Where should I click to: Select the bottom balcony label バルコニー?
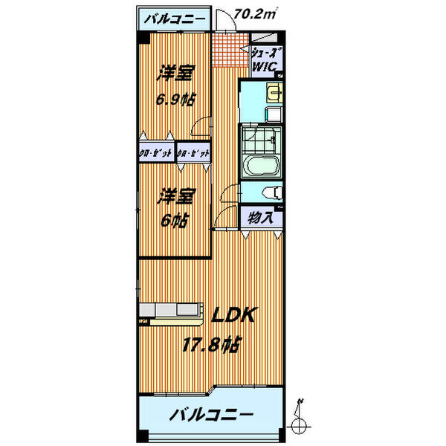[210, 413]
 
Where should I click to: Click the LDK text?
[233, 315]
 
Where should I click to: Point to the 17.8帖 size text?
[211, 344]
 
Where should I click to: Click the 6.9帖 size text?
[176, 98]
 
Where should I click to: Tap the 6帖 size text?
[175, 221]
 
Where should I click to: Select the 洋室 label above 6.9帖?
[175, 74]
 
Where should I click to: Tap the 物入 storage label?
[259, 218]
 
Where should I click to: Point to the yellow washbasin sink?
[274, 93]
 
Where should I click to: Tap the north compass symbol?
[300, 421]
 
